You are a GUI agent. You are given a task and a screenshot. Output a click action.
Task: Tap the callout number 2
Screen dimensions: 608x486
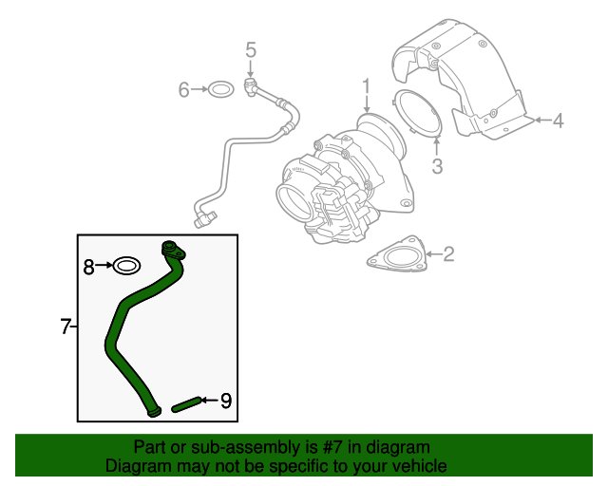(x=448, y=253)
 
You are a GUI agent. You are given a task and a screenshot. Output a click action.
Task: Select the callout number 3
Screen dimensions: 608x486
(x=437, y=166)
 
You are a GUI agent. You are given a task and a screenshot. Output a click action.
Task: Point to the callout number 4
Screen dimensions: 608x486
(x=558, y=121)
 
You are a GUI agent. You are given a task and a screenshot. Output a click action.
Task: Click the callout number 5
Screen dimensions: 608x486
(x=251, y=50)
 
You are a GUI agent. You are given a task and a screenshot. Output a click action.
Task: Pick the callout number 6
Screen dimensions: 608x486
(x=183, y=89)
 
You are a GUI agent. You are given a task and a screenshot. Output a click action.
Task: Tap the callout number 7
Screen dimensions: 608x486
(x=66, y=327)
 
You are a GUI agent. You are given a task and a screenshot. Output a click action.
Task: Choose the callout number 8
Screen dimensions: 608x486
(x=88, y=267)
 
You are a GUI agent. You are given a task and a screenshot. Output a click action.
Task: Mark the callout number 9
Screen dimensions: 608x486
(x=226, y=401)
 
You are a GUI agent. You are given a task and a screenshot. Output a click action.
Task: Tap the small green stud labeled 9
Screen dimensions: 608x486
(x=186, y=404)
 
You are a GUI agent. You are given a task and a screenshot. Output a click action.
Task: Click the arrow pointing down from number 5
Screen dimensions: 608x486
(x=251, y=68)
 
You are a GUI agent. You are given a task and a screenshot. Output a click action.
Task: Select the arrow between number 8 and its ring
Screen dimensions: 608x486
(x=104, y=266)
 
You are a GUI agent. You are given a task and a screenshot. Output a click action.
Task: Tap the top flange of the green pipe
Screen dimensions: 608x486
(x=173, y=250)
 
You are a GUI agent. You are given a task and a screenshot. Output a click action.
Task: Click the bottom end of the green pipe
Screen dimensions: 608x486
(x=154, y=412)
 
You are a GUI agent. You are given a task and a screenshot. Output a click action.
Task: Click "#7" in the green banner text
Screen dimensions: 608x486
(x=332, y=447)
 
